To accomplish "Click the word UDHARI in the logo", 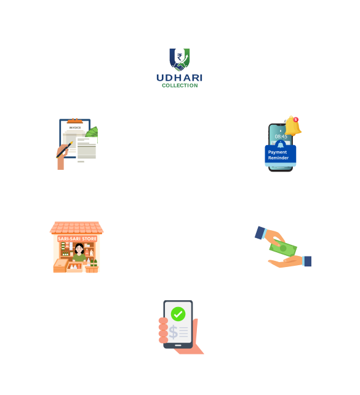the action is click(x=179, y=78).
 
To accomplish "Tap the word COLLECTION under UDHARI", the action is click(x=180, y=86).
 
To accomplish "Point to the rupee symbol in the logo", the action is click(x=179, y=57).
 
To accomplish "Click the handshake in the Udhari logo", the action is click(x=179, y=67).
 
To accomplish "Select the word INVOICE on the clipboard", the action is click(x=75, y=128).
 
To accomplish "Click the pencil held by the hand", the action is click(x=65, y=150).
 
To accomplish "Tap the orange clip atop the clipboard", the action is click(x=75, y=121).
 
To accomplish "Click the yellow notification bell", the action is click(x=293, y=126).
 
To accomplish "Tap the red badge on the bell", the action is click(x=296, y=119).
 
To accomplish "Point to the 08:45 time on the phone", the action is click(x=281, y=137).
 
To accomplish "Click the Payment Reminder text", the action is click(x=278, y=155).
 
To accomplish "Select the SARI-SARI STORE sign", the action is click(x=77, y=239).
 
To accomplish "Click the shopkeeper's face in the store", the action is click(x=79, y=249).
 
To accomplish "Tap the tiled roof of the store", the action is click(x=76, y=228).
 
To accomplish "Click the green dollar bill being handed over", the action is click(x=283, y=247).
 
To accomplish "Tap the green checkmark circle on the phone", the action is click(x=178, y=314).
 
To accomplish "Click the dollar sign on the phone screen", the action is click(x=173, y=332).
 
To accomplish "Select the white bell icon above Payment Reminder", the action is click(x=281, y=145).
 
